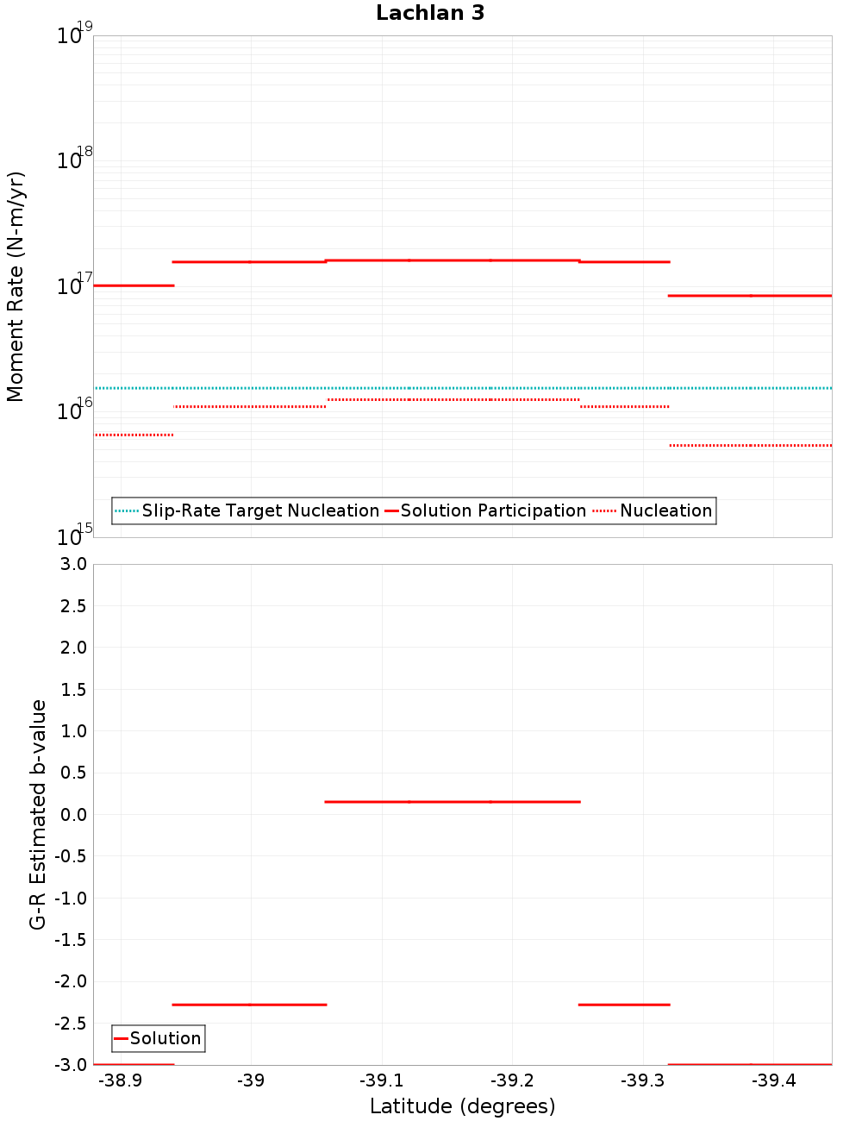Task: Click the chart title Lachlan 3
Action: point(430,13)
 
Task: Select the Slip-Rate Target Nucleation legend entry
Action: point(259,510)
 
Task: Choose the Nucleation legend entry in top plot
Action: point(665,510)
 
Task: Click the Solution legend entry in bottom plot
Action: point(166,1038)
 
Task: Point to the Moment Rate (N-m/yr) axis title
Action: point(16,286)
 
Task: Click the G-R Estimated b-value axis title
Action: point(38,814)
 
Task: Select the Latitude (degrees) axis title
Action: point(462,1106)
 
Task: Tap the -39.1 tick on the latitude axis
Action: point(381,1080)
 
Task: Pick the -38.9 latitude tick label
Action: point(121,1080)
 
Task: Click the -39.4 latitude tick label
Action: point(773,1080)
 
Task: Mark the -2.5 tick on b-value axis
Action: point(71,1024)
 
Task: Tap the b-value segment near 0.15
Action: point(453,802)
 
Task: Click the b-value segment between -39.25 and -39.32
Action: point(624,1005)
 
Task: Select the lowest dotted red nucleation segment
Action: point(750,445)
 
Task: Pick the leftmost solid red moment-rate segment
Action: point(134,285)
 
